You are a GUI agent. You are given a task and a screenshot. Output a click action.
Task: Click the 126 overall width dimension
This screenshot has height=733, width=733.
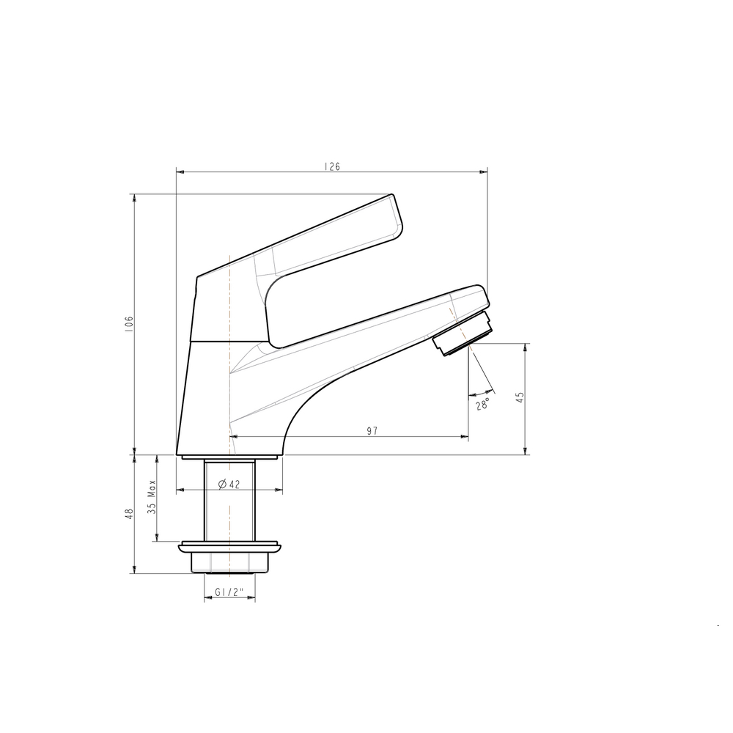[x=332, y=166]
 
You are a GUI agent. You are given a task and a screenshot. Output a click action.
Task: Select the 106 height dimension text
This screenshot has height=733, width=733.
[x=129, y=324]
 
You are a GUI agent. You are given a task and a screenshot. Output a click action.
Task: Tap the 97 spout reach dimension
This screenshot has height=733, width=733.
[x=372, y=431]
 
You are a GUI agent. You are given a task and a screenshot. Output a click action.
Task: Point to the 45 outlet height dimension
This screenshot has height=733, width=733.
[x=520, y=397]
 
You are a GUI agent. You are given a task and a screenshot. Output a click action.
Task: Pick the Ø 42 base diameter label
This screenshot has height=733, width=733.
[x=229, y=485]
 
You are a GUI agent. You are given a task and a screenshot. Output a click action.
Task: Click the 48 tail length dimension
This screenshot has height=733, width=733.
[x=130, y=513]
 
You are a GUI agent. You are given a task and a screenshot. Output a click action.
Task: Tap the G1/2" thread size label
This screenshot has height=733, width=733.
[x=229, y=592]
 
